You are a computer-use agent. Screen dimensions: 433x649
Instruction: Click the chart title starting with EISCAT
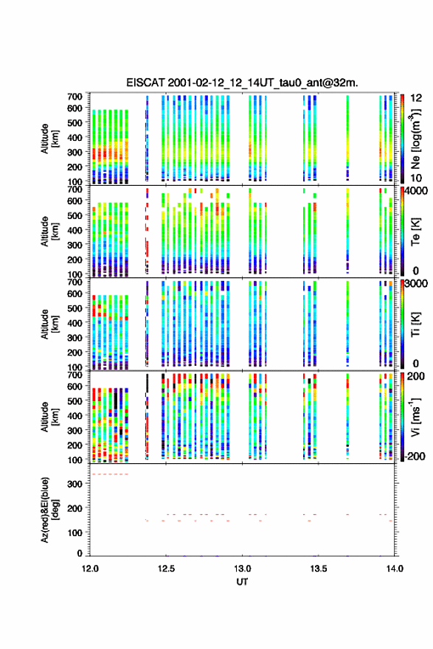[x=242, y=83]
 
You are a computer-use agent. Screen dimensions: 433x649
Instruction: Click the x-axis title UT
[x=242, y=582]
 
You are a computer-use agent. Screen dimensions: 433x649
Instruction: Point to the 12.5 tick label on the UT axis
[x=166, y=569]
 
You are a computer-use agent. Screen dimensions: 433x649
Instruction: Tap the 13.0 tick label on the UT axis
[x=242, y=569]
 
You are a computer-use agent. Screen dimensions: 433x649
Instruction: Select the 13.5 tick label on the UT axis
[x=319, y=569]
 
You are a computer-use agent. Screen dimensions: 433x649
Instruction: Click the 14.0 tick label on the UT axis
[x=395, y=569]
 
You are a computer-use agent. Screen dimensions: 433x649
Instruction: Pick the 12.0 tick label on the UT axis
[x=90, y=569]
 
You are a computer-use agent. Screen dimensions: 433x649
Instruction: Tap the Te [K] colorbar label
[x=415, y=232]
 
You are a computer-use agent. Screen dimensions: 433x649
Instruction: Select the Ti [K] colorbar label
[x=415, y=324]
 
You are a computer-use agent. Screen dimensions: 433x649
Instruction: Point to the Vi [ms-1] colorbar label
[x=415, y=417]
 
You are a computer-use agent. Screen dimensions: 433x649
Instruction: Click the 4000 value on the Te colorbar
[x=416, y=191]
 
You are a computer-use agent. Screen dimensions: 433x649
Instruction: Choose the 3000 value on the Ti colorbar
[x=416, y=283]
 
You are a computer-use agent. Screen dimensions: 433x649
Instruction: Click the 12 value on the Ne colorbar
[x=416, y=98]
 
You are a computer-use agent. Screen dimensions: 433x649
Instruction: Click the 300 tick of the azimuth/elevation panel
[x=75, y=484]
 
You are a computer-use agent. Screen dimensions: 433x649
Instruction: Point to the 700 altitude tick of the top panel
[x=75, y=96]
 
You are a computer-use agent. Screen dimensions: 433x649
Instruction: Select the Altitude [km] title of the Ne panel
[x=49, y=139]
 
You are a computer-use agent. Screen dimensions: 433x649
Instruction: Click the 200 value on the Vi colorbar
[x=415, y=376]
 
